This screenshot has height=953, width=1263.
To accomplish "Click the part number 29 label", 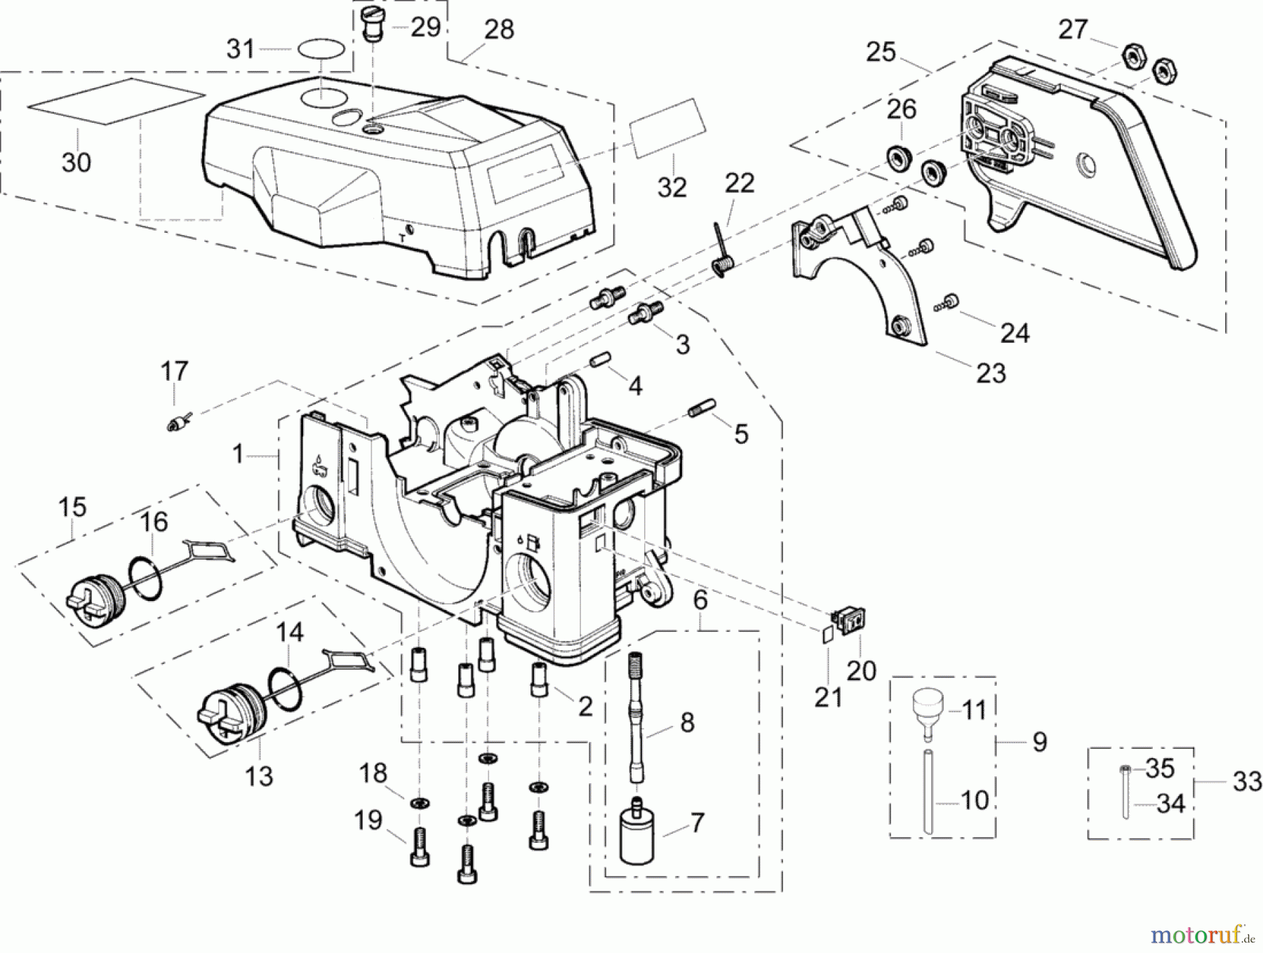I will click(x=425, y=27).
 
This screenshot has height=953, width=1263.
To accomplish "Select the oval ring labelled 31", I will click(x=321, y=50).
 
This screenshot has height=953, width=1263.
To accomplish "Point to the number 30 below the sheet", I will click(x=76, y=163).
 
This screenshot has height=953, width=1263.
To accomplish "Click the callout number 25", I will click(x=881, y=52).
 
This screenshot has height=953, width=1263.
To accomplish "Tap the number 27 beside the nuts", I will click(x=1073, y=29).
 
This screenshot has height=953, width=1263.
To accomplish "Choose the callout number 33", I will click(x=1247, y=780).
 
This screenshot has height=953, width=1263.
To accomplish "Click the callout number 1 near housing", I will click(x=239, y=454).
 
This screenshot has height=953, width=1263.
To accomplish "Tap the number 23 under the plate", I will click(x=991, y=372).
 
